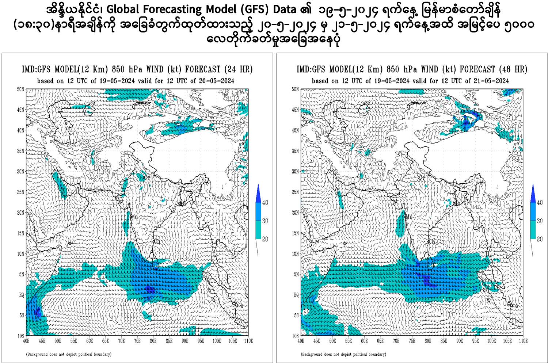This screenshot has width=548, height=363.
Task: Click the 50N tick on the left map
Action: [20, 89]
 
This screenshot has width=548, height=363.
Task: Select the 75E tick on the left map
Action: [137, 341]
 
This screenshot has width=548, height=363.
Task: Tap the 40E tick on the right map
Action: [301, 341]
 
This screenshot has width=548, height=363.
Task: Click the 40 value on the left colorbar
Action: [265, 203]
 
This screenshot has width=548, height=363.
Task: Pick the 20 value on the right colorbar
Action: [540, 239]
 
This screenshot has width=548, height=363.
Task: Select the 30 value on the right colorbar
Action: [540, 221]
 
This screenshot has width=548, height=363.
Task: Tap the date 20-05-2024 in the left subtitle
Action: [217, 81]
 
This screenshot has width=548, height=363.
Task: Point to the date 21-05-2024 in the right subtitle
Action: [491, 81]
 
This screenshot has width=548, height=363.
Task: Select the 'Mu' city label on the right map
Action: [409, 217]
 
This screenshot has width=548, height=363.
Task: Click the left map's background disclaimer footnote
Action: [69, 354]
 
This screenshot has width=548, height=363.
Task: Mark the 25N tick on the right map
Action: [295, 192]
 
